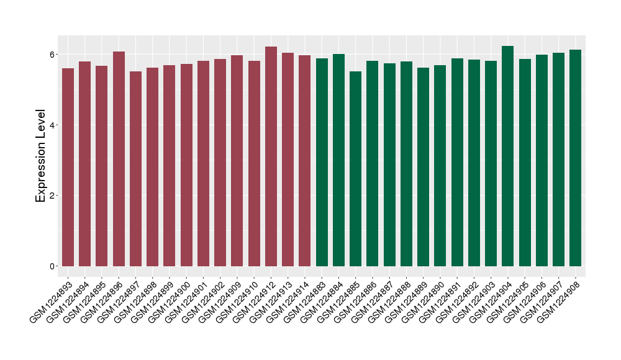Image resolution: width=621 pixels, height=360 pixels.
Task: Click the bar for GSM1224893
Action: coord(68,168)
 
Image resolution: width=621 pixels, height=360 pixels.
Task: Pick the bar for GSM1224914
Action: coord(305,161)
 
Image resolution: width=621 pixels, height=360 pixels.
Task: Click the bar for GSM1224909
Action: coord(237,161)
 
